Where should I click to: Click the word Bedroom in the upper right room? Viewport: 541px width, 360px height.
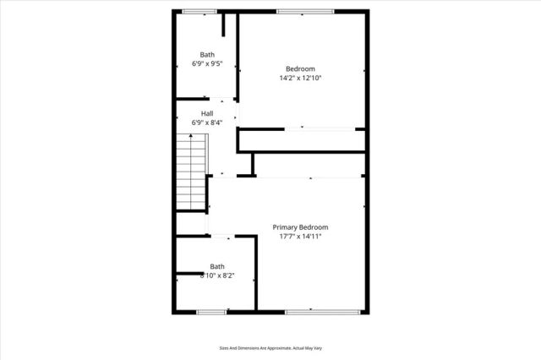(300, 68)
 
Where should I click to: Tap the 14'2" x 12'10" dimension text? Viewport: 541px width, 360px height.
(300, 78)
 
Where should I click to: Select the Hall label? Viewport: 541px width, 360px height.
(207, 113)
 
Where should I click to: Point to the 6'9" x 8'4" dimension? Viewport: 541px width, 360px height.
(207, 123)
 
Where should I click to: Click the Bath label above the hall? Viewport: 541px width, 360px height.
(207, 53)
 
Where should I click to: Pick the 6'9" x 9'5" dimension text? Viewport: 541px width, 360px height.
(207, 63)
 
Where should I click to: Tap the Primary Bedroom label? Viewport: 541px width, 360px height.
(300, 227)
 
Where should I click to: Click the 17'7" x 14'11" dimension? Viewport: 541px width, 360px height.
(300, 237)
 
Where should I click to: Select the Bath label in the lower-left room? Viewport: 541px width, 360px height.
(218, 265)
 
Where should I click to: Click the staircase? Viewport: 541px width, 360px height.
(192, 173)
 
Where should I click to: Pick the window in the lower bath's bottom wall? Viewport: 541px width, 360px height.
(210, 313)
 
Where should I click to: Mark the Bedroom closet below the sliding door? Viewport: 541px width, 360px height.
(301, 140)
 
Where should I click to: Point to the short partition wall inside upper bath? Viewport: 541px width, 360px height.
(224, 25)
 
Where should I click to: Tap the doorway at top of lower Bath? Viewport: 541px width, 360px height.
(222, 237)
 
